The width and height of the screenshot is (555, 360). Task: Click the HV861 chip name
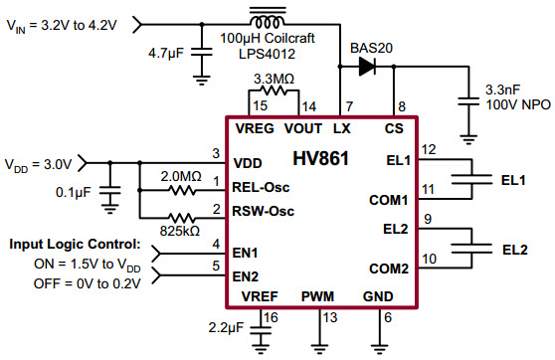pos(319,159)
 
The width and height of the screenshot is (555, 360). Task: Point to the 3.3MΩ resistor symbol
pos(275,90)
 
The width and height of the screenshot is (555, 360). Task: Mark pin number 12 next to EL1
pos(429,149)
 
